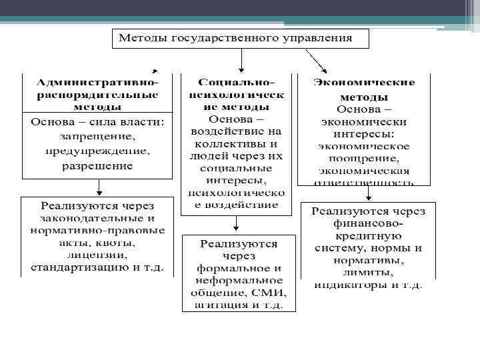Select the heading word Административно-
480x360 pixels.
[x=97, y=83]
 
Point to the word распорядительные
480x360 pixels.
[x=97, y=95]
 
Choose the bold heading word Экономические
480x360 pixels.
[x=364, y=83]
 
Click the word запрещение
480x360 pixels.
[x=97, y=137]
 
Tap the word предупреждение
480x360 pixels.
[x=97, y=151]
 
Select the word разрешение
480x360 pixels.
[x=97, y=165]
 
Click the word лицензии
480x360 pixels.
[x=97, y=255]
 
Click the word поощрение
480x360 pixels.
[x=364, y=158]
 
